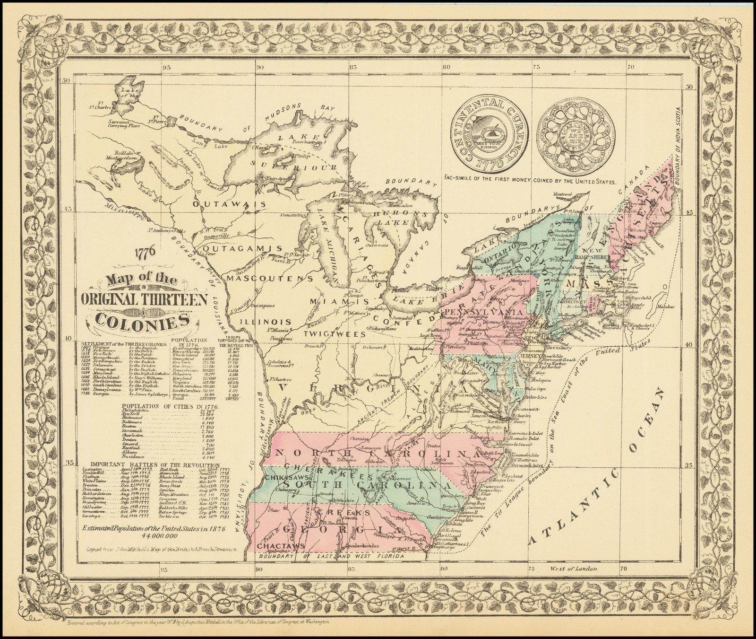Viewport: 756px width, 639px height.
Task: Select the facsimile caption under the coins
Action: tap(531, 181)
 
